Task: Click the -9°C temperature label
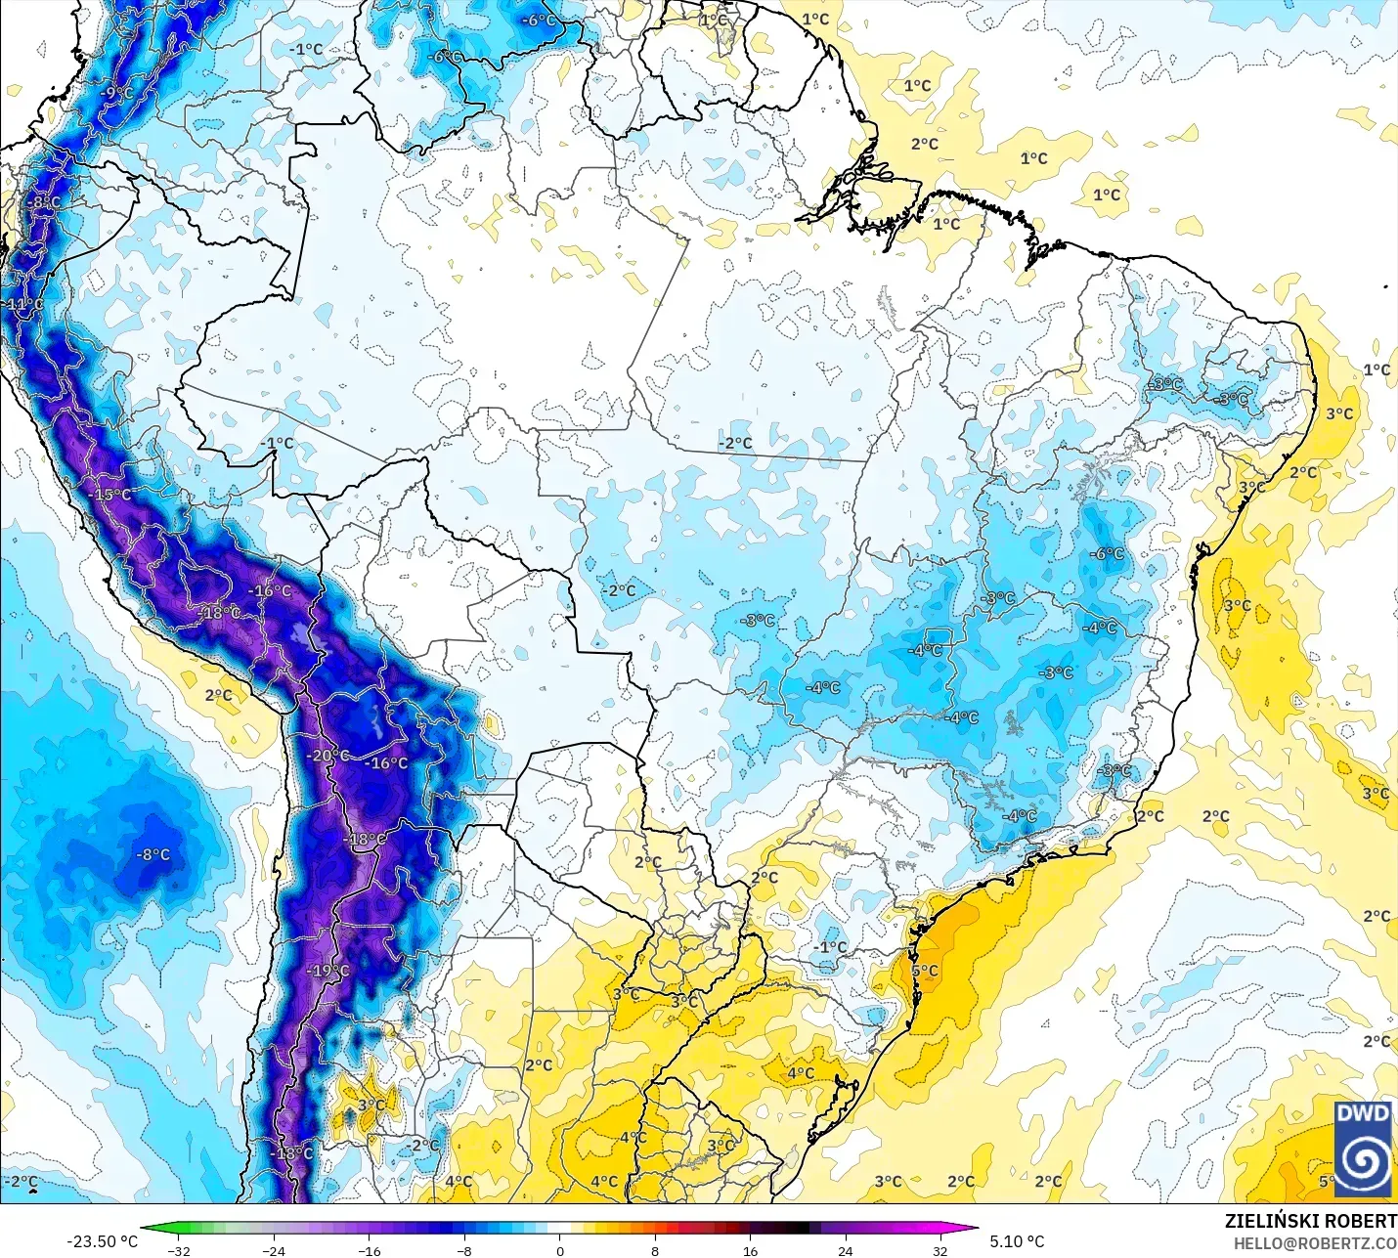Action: (117, 93)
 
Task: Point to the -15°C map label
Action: (110, 495)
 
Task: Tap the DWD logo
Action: (1363, 1149)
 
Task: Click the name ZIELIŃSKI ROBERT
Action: (1310, 1221)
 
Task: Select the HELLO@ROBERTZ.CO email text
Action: (1314, 1243)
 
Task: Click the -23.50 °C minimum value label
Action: (102, 1241)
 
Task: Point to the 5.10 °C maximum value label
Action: (1017, 1241)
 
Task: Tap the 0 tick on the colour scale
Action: (559, 1250)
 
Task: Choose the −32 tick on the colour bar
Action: (178, 1250)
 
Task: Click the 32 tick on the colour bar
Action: (940, 1250)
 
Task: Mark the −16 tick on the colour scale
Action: (369, 1250)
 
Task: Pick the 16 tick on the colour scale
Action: (750, 1250)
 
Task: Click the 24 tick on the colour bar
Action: (845, 1250)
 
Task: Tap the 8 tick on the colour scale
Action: (654, 1250)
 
